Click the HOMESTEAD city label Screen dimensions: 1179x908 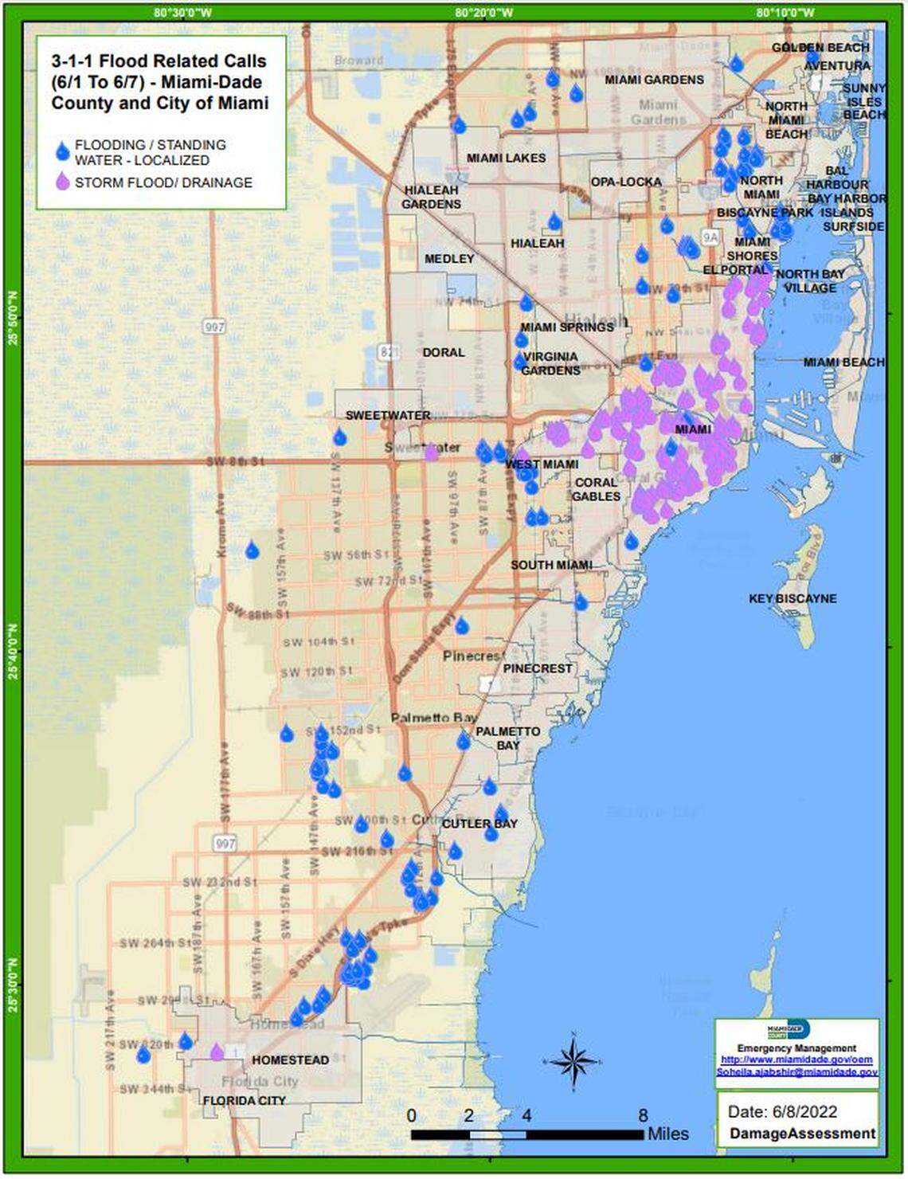(290, 1060)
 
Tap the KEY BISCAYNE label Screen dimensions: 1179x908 (793, 598)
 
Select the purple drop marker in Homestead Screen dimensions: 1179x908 (217, 1052)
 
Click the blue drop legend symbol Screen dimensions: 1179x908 (62, 151)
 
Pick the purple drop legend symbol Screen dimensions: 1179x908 (62, 182)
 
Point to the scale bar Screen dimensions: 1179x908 (527, 1134)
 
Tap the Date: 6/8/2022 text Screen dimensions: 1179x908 (781, 1111)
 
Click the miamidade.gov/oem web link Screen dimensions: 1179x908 (796, 1060)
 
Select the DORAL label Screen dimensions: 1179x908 (444, 352)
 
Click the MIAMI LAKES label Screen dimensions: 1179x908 (506, 158)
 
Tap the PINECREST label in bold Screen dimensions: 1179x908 (537, 668)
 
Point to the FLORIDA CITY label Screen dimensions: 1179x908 (244, 1100)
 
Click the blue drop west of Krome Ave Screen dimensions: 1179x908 (252, 550)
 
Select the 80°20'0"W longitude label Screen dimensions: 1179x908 (484, 13)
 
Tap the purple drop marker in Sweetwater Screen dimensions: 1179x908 (431, 453)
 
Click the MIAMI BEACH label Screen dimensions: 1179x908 (843, 362)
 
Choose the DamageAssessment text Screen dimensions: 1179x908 (802, 1134)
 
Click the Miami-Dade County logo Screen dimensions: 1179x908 (789, 1031)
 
